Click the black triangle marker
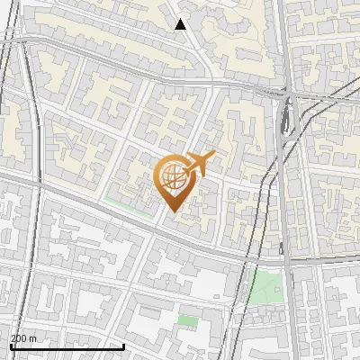181,24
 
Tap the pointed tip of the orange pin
172,212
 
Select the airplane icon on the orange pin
196,164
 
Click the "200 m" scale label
24,337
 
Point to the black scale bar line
67,346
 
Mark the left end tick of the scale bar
10,345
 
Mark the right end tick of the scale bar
123,345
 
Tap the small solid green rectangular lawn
188,320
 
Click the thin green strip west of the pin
126,200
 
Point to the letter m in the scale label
33,337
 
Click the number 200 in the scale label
20,337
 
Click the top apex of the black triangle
181,18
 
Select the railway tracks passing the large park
286,288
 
